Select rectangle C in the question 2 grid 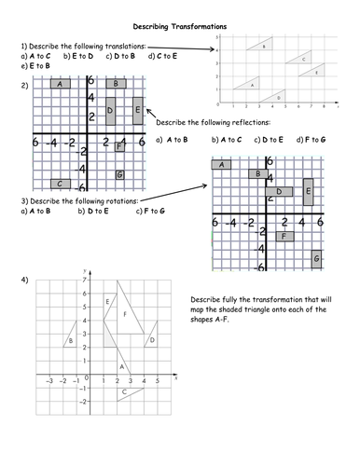62,184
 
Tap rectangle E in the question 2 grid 138,111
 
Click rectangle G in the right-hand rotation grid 317,258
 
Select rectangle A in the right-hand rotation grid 223,166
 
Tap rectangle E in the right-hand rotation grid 309,193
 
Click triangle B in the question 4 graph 70,340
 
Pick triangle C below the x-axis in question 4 127,392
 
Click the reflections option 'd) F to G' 311,140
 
